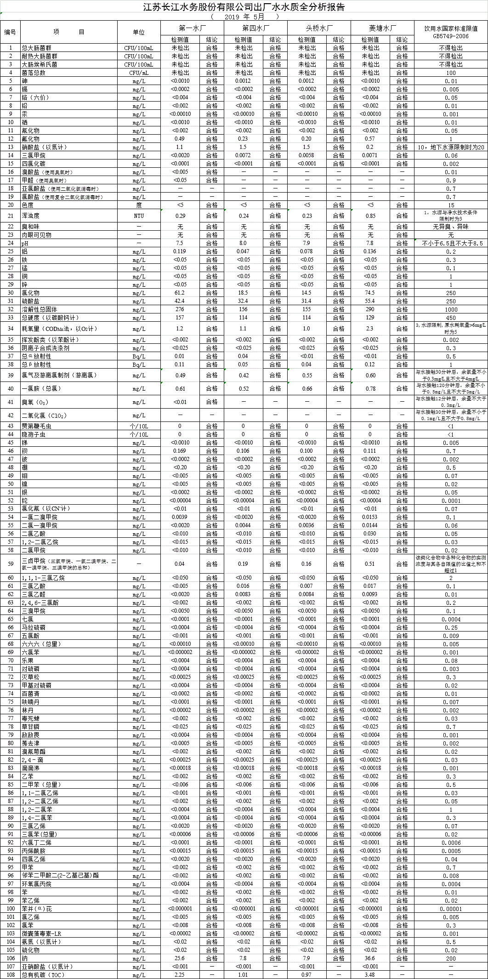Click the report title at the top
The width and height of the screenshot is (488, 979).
pos(244,7)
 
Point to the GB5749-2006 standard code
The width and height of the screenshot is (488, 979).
pos(451,36)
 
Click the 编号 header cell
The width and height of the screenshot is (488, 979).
pos(10,32)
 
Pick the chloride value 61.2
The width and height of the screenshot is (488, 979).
pos(180,293)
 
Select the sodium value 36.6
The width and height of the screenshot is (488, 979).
pos(370,958)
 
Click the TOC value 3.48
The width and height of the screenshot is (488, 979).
pos(370,975)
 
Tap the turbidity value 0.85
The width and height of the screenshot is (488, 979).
pos(370,216)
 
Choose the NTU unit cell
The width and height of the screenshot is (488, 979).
pos(139,216)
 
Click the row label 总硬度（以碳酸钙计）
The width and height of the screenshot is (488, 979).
pos(51,318)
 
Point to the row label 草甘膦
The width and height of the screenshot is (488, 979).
pos(31,727)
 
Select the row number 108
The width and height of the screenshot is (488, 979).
pos(10,975)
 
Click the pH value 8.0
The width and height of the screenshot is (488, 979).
pos(243,243)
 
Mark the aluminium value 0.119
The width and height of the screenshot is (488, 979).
pos(180,251)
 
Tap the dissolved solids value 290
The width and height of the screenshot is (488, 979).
pos(370,309)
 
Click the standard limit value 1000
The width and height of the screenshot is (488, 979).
pos(451,309)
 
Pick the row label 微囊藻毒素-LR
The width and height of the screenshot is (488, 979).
pos(41,933)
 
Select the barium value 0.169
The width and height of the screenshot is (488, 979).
pos(180,451)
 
